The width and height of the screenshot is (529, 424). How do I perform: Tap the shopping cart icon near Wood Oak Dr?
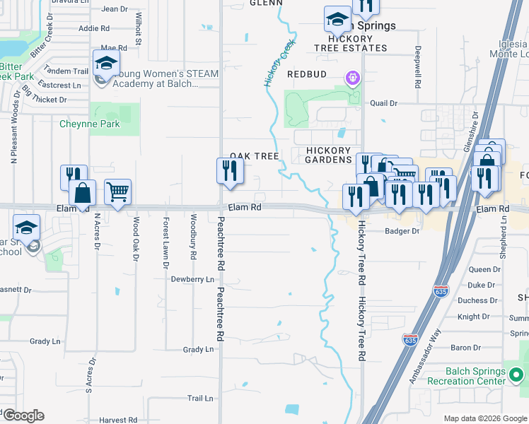[117, 190]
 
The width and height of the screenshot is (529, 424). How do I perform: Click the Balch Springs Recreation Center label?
[475, 377]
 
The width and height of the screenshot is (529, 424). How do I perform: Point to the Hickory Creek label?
[279, 63]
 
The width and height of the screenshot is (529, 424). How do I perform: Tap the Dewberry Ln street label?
[192, 280]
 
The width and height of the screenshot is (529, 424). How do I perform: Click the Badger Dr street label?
[402, 231]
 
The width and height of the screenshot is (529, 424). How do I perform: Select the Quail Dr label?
[384, 103]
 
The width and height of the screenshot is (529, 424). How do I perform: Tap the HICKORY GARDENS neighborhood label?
[329, 155]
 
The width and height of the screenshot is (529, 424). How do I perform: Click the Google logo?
[23, 416]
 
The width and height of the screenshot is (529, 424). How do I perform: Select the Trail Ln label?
[200, 399]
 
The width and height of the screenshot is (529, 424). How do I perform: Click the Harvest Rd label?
[117, 420]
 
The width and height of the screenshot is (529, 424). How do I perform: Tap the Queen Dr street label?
[484, 270]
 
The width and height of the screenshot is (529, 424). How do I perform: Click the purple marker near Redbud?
[352, 76]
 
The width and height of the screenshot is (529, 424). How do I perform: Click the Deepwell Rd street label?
[418, 67]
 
